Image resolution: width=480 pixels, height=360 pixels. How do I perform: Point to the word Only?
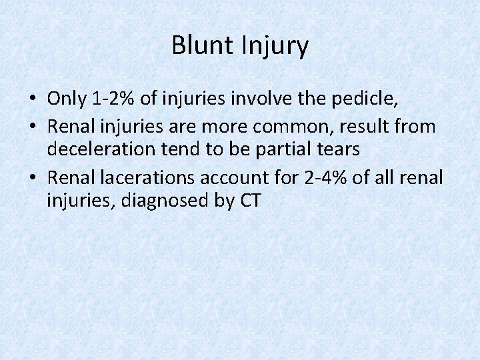tap(67, 99)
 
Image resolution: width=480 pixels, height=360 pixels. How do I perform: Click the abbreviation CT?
tap(247, 200)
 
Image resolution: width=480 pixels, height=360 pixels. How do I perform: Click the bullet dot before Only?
tap(32, 100)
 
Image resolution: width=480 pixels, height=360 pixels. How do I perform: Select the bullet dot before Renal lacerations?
tap(32, 177)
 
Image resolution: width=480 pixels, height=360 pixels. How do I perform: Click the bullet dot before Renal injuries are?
tap(32, 126)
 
